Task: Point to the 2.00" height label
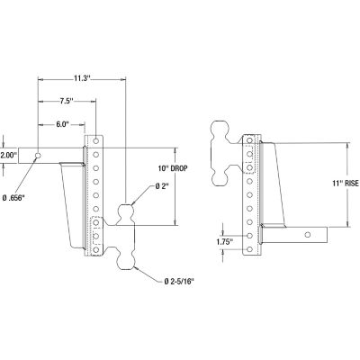9,155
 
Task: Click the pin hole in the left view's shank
40,155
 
